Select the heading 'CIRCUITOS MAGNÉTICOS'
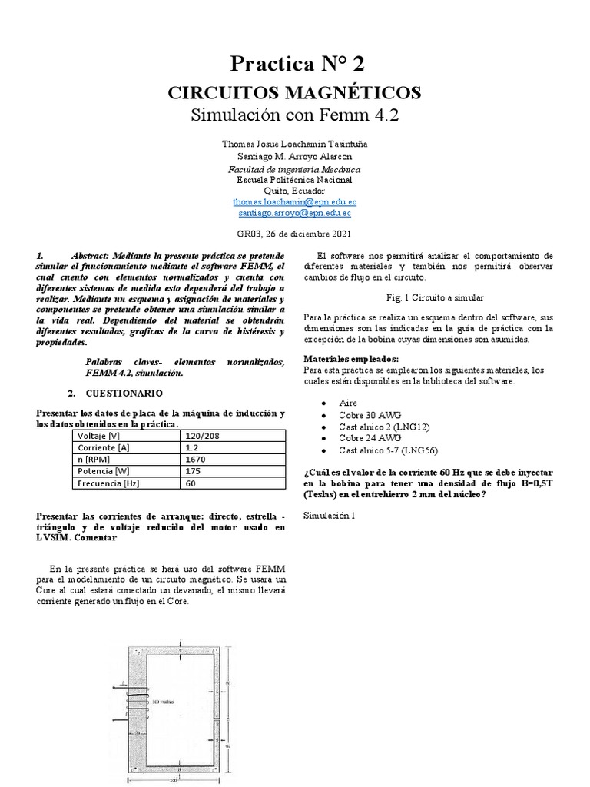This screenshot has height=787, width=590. tap(294, 93)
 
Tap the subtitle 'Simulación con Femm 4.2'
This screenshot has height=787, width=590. tap(294, 116)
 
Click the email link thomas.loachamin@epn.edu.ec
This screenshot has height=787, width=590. tap(294, 201)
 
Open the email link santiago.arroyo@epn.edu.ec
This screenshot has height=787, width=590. tap(294, 212)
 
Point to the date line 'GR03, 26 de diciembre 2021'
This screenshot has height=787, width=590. tap(294, 234)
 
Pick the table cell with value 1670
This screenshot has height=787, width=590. tap(195, 459)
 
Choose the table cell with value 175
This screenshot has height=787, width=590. tap(192, 471)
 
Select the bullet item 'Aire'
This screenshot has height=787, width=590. tap(347, 403)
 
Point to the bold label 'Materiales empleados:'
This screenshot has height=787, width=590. tap(351, 358)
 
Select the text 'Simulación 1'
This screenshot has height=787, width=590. tap(330, 515)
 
